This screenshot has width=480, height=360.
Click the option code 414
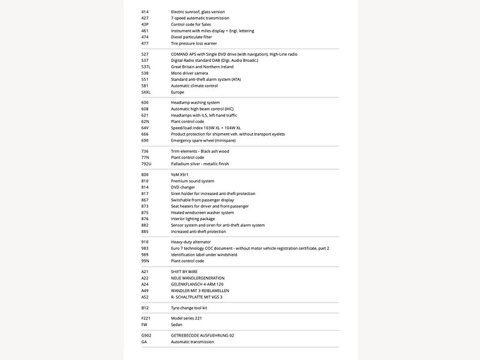(x=145, y=12)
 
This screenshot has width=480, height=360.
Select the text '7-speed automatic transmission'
(x=200, y=18)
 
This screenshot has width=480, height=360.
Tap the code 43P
(x=145, y=25)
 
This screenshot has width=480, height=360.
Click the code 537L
(x=146, y=67)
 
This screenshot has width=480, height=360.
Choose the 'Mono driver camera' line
(x=189, y=73)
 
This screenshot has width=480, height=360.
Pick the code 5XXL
(x=146, y=92)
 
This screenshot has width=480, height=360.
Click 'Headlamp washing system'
(x=195, y=103)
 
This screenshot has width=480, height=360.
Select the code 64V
(x=145, y=128)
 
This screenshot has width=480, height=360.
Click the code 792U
(x=146, y=164)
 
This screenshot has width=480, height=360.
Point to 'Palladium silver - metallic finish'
(x=200, y=164)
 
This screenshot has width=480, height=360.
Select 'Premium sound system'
(x=193, y=181)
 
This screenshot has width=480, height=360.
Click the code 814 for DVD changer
(x=145, y=187)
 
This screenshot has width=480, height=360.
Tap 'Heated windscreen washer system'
(x=202, y=212)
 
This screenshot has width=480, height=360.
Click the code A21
(x=145, y=272)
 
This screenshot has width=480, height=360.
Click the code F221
(x=146, y=318)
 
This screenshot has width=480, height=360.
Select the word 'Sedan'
(x=176, y=325)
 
